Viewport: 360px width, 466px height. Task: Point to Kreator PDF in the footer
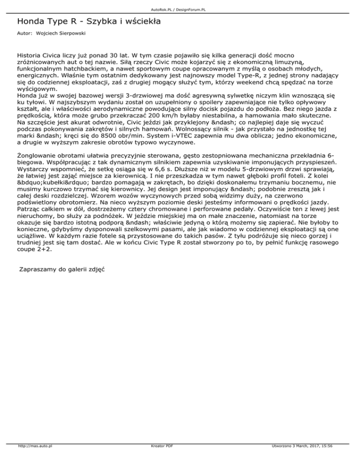click(x=160, y=459)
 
